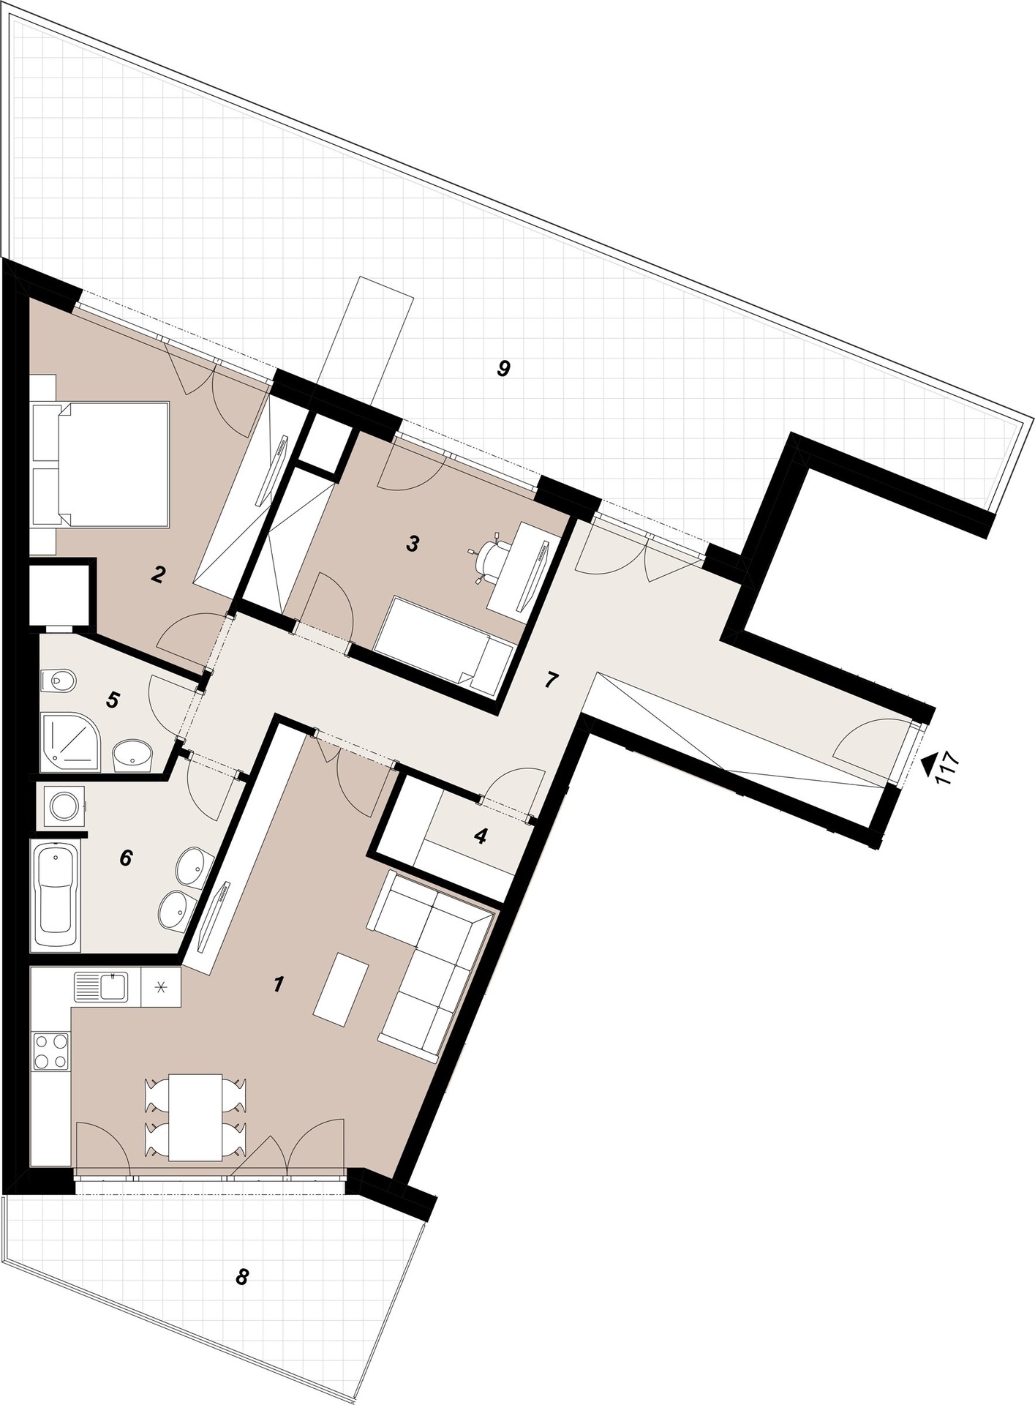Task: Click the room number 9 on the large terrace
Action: (x=503, y=368)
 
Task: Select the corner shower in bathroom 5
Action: (x=70, y=743)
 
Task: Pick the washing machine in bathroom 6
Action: (x=64, y=806)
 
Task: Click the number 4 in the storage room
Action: (x=480, y=836)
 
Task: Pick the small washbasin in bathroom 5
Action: (x=132, y=754)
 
